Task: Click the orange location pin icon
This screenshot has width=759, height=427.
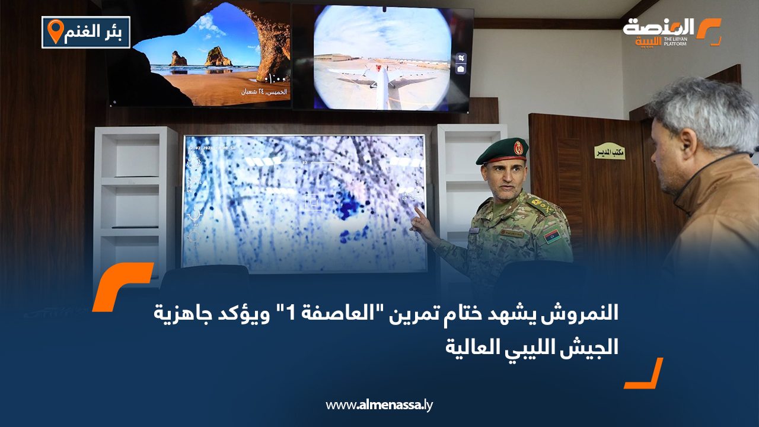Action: point(55,31)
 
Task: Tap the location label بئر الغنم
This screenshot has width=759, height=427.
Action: point(95,33)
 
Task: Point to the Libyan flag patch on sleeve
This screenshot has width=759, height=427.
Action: point(552,236)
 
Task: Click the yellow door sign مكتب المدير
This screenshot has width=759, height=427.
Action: point(610,151)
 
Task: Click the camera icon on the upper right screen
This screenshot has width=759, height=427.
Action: point(461,69)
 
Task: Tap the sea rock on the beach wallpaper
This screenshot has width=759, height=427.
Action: point(218,57)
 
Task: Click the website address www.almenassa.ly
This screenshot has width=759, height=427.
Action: point(379,405)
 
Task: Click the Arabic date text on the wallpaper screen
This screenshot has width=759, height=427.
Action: point(264,92)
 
